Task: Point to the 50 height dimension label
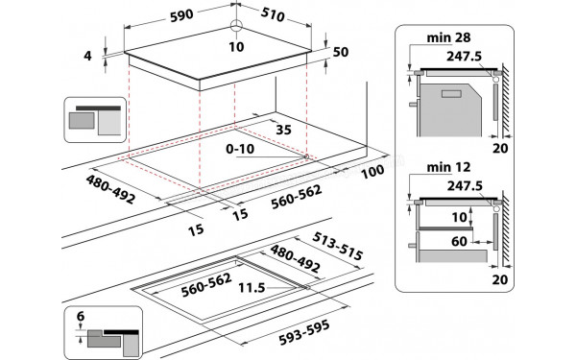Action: click(339, 52)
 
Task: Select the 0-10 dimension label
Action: click(244, 151)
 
